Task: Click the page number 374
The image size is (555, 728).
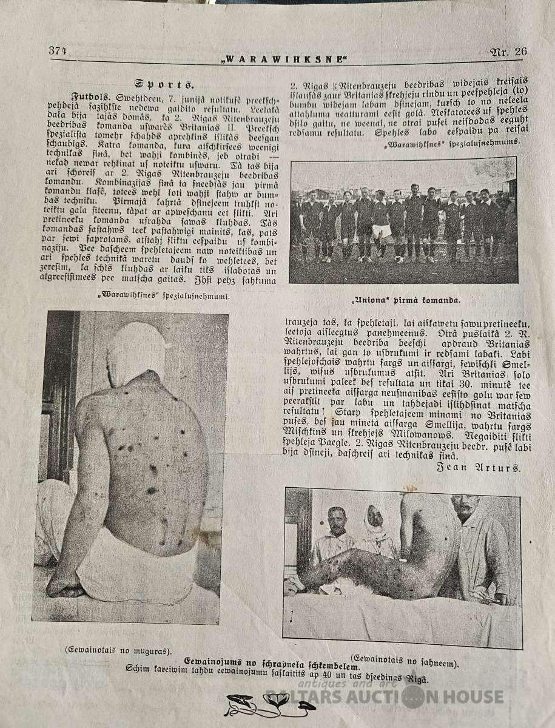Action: click(x=58, y=51)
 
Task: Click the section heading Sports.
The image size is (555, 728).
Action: click(x=164, y=84)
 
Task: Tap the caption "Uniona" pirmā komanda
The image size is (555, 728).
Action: click(x=405, y=300)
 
